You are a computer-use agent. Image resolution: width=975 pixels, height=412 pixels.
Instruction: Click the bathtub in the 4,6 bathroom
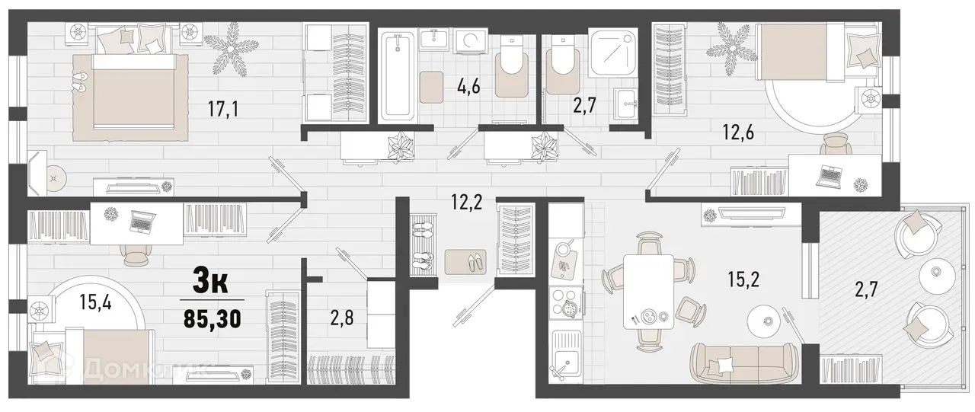point(397,76)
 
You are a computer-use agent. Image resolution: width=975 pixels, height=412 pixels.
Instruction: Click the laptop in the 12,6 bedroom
point(828,177)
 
